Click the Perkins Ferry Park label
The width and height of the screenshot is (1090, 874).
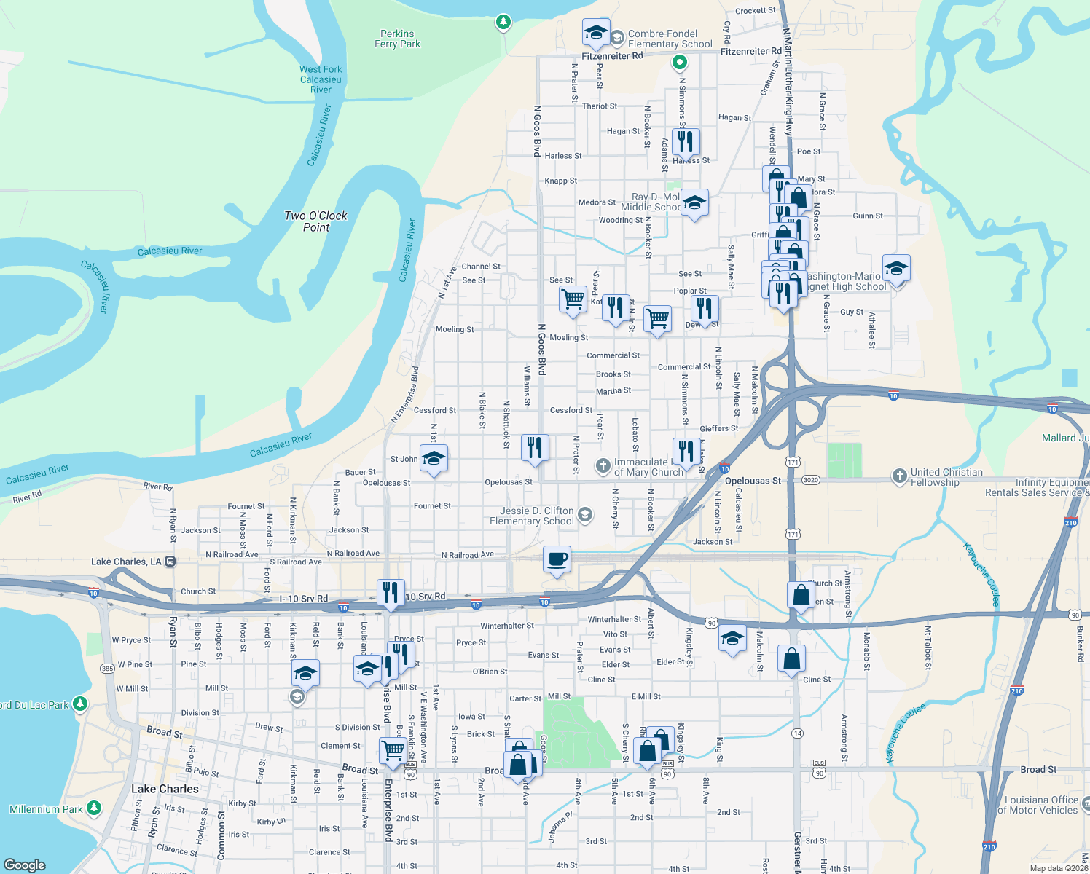coord(397,39)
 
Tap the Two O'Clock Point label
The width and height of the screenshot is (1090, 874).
coord(315,221)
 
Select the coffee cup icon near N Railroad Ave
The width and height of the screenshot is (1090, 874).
coord(557,559)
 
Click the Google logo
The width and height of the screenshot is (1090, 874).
coord(25,865)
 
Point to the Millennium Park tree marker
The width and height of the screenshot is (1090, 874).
coord(94,808)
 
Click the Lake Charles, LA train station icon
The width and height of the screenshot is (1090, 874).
coord(170,562)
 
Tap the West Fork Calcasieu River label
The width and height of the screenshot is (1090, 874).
coord(321,79)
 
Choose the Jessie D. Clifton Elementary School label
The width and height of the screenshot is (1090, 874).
coord(531,516)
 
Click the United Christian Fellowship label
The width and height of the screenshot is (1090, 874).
coord(946,477)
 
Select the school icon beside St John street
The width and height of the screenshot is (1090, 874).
coord(434,459)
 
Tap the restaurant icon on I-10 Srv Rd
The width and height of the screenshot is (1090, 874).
coord(391,593)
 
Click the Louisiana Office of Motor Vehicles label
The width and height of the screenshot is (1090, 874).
coord(1037,805)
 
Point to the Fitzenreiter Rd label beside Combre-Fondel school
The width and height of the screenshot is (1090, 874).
coord(612,55)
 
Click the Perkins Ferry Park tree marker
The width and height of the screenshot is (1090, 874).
coord(503,22)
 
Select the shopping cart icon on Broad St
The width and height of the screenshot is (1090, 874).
coord(393,750)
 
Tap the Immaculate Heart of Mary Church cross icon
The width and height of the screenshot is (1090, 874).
coord(603,465)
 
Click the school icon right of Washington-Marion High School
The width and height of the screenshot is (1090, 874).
coord(896,269)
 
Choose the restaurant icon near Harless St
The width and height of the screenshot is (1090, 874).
coord(685,141)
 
